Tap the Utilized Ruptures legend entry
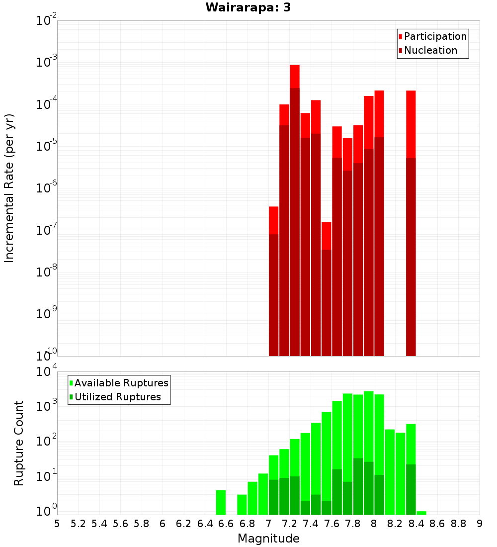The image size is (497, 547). coord(117,397)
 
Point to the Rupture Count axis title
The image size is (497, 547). coord(19,443)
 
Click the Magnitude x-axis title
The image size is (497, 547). coord(268,538)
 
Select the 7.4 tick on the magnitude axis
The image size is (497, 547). coord(311,524)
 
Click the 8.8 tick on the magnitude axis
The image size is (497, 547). coord(458,524)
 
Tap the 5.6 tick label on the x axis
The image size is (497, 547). coord(120,524)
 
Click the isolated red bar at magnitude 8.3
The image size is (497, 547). coord(411,224)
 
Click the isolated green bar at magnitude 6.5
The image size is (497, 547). coord(221,502)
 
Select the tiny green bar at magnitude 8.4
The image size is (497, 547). coord(421,513)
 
